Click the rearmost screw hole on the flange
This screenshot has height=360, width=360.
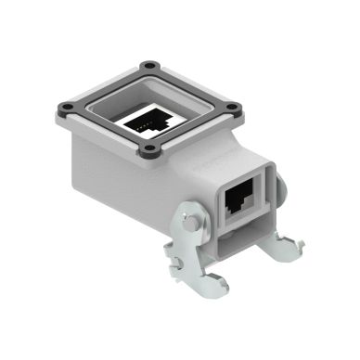(144, 66)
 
